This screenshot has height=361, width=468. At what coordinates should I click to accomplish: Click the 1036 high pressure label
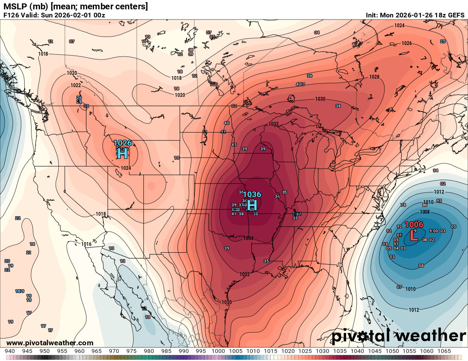pos(251,195)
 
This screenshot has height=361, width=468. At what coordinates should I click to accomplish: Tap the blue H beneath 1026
pos(123,153)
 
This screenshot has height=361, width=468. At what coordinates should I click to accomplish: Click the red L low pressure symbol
pos(413,235)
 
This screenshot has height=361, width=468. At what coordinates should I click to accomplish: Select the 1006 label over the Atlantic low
pos(414,224)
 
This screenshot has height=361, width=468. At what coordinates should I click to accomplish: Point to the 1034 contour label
pos(249,238)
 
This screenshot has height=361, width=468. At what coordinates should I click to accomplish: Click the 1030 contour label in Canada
pos(320,99)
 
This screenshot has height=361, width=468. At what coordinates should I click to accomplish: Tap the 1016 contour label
pos(86,244)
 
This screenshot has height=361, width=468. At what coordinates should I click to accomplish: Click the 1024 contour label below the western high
pos(126,168)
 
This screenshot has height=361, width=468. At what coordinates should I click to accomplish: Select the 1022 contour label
pos(76,85)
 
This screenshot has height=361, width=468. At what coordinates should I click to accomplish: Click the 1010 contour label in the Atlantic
pos(410,289)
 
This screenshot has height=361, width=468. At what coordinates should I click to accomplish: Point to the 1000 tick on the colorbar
pos(218,351)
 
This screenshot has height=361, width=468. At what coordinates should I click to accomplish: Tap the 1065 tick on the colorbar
pos(444,351)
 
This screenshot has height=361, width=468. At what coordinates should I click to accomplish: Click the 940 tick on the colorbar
pos(9,351)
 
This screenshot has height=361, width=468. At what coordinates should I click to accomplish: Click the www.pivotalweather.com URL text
pos(50,343)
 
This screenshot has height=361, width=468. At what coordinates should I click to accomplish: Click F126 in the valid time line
pos(11,15)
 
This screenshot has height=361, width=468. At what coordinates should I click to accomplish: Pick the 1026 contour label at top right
pos(407,43)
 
